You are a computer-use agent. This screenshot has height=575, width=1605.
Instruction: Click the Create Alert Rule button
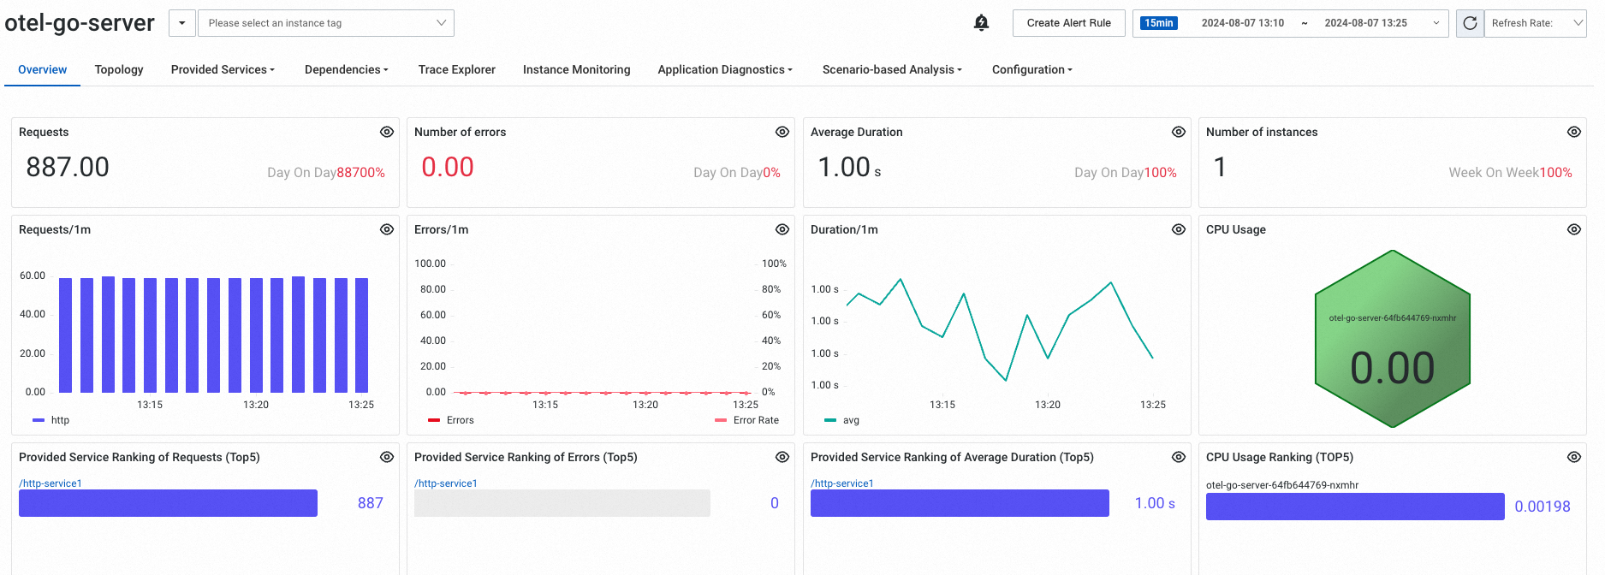click(x=1068, y=23)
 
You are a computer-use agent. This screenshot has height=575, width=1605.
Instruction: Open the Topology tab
click(x=119, y=69)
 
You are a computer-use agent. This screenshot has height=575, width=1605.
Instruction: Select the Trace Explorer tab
click(x=456, y=69)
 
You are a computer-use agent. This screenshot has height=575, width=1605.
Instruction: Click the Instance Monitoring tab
click(x=576, y=69)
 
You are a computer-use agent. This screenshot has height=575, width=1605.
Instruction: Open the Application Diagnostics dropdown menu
click(x=724, y=69)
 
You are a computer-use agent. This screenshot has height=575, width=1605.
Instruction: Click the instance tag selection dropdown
click(x=325, y=23)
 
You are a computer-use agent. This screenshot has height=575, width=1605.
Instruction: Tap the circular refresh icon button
click(x=1470, y=23)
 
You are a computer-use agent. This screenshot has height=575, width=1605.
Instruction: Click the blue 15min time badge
click(x=1158, y=23)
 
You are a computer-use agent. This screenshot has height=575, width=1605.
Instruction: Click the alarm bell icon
click(x=981, y=23)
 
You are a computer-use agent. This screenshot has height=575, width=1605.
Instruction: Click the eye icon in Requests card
click(x=387, y=132)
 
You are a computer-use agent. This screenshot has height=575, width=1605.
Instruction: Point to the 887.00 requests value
click(x=68, y=167)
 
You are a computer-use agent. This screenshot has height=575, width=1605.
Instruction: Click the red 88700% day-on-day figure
click(x=360, y=173)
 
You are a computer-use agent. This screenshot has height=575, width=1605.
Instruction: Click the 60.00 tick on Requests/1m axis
click(x=33, y=276)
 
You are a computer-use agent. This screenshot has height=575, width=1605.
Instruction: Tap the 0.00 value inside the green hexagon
click(x=1392, y=368)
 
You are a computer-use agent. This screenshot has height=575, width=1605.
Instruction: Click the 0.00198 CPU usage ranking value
click(x=1542, y=507)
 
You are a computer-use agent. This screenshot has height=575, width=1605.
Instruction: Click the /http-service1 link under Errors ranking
click(x=445, y=483)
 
